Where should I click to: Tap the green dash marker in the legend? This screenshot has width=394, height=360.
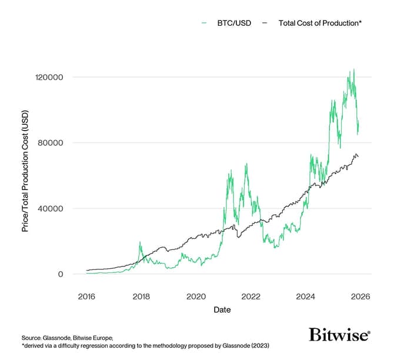coord(204,22)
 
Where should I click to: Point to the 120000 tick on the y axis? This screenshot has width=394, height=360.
coord(50,77)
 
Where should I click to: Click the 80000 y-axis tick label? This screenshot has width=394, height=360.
coord(52,143)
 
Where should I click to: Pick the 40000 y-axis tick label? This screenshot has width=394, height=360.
coord(52,208)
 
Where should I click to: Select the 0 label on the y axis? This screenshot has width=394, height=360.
coord(61,274)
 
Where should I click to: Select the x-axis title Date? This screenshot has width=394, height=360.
coord(222,309)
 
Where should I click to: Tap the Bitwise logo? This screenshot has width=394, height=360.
coord(339,335)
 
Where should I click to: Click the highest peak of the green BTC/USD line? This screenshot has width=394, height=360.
coord(353,69)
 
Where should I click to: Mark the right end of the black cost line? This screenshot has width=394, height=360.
coord(359,156)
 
